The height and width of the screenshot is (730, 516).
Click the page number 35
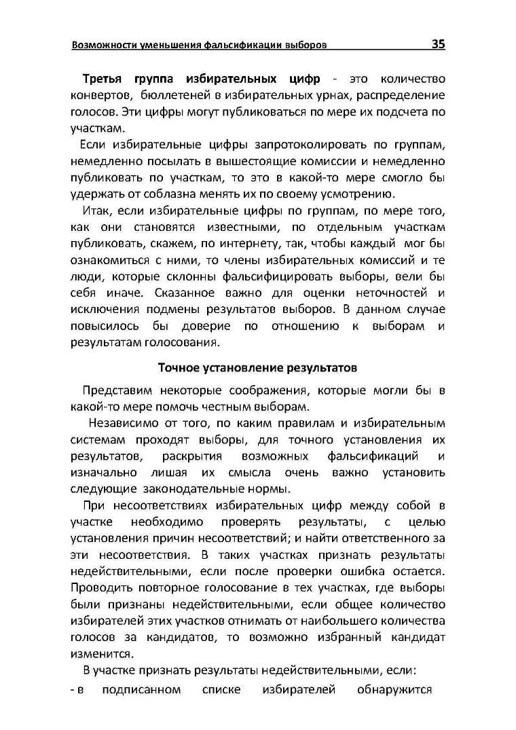point(438,44)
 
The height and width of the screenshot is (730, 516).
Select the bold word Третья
point(107,79)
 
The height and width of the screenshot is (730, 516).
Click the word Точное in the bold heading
point(178,367)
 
